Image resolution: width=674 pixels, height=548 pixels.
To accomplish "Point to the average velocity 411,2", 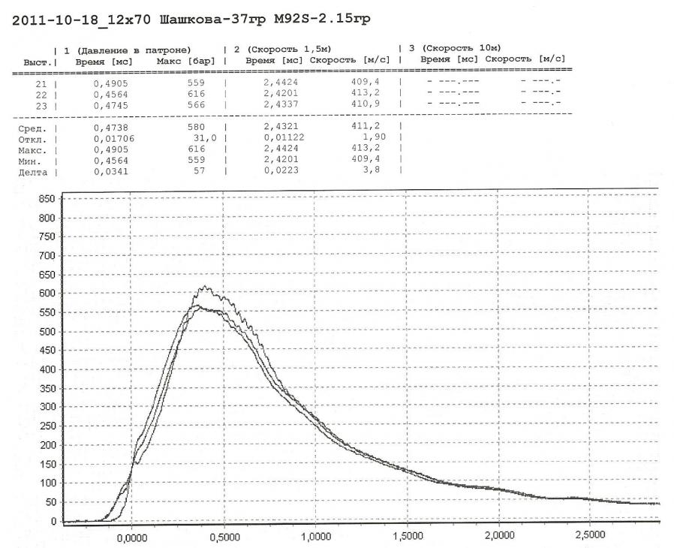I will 365,128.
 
